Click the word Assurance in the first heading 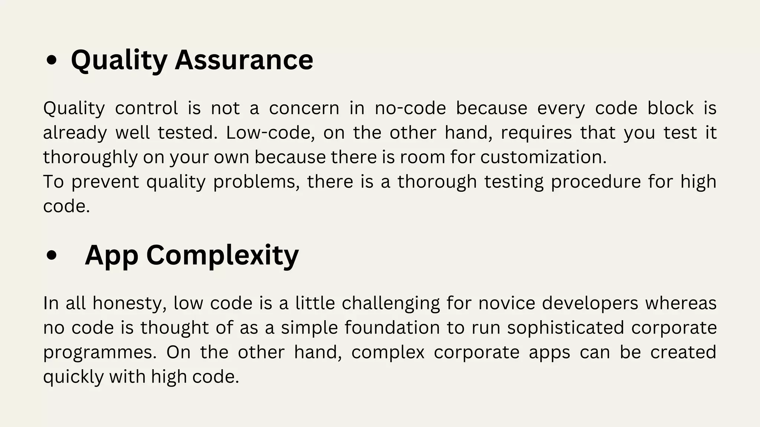tap(244, 60)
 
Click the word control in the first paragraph tap(147, 108)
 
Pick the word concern tap(304, 108)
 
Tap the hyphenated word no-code tap(410, 108)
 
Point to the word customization tap(543, 157)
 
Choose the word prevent tap(105, 182)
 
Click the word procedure tap(596, 182)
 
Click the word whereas tap(681, 303)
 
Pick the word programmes tap(100, 352)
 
